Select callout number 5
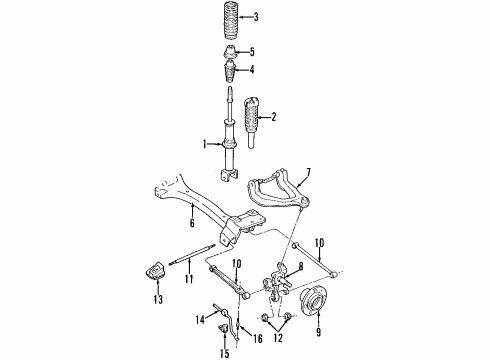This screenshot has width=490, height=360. click(253, 52)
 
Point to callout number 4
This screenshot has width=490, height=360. click(252, 70)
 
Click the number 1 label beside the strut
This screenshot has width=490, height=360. click(204, 144)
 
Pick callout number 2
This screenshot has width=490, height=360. click(272, 117)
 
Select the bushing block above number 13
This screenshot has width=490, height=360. click(156, 272)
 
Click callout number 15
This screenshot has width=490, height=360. click(223, 354)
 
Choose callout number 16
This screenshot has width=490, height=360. click(258, 339)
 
